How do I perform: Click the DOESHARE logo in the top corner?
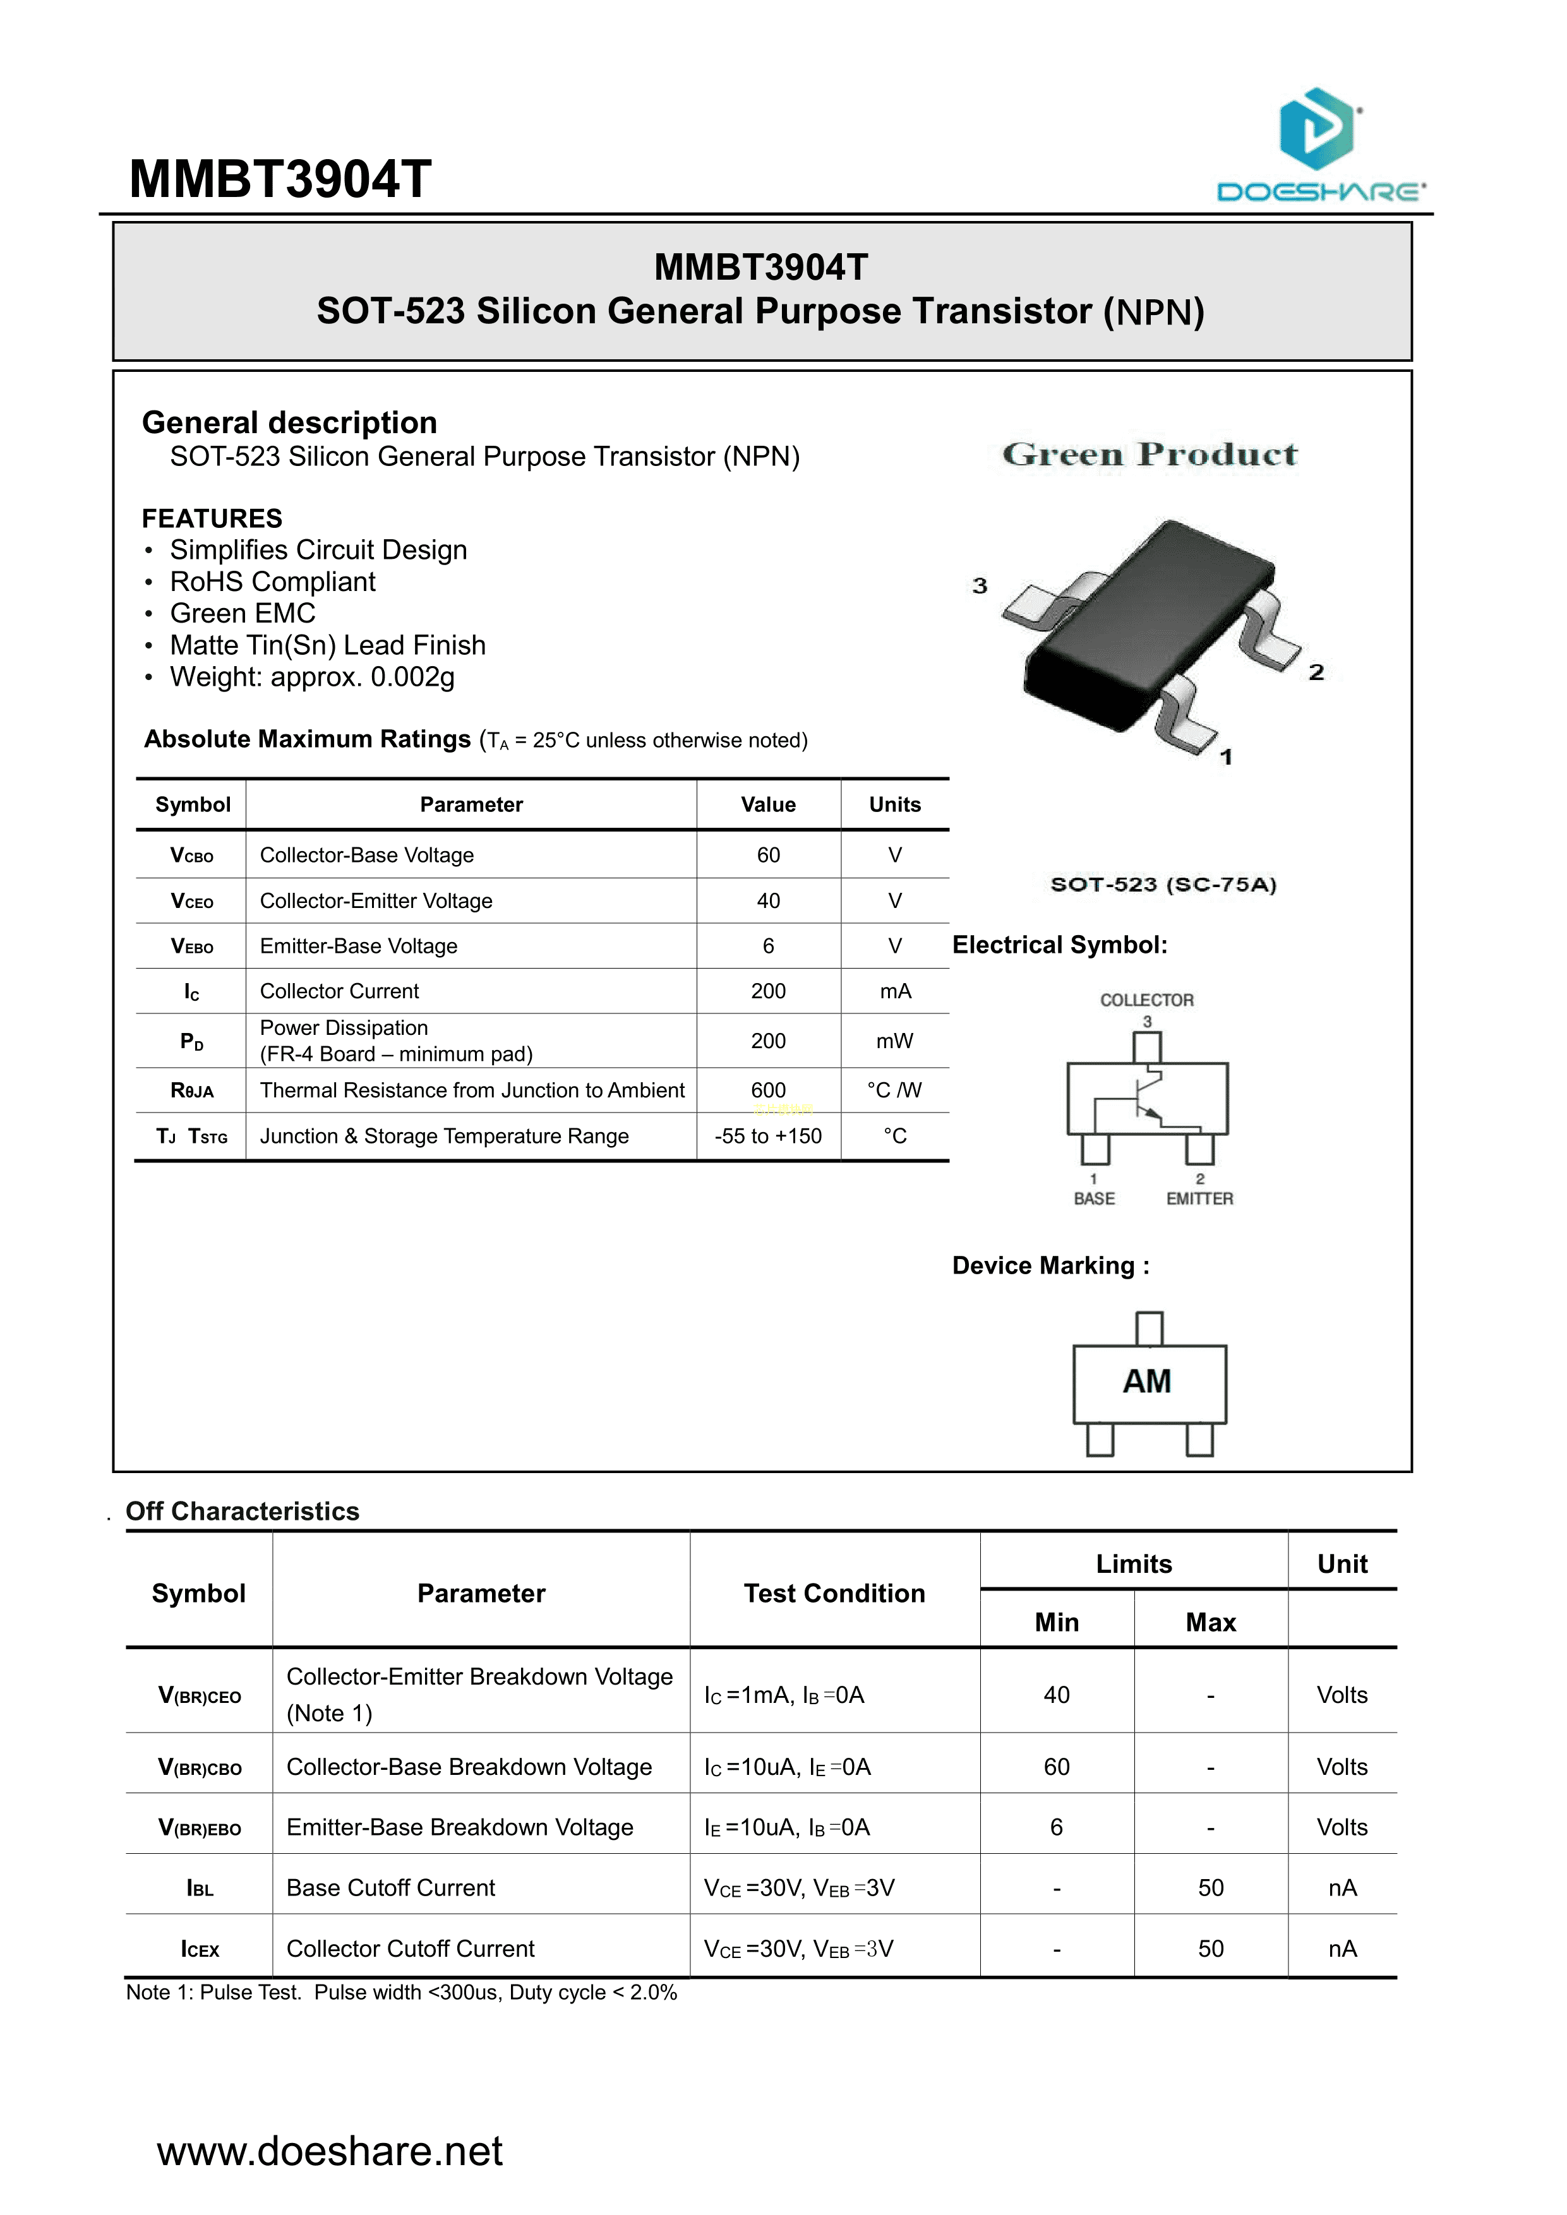[x=1320, y=144]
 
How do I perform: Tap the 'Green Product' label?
[x=1150, y=455]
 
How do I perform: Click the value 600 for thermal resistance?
[x=768, y=1090]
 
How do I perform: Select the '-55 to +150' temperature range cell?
[x=768, y=1135]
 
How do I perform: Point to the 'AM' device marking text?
[x=1147, y=1382]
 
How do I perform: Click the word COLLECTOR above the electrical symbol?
[x=1147, y=1000]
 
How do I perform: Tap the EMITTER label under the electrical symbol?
[x=1199, y=1198]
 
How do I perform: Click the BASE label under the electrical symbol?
[x=1094, y=1198]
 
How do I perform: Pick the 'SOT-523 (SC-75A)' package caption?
[x=1163, y=885]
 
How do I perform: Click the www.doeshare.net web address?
[x=330, y=2151]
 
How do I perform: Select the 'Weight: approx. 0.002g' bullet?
[x=311, y=678]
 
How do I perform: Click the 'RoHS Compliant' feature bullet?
[x=272, y=582]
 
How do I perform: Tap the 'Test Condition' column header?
[x=834, y=1593]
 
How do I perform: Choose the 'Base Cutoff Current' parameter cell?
[x=391, y=1887]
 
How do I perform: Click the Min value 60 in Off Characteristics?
[x=1057, y=1767]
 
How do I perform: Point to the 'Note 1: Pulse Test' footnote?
[x=402, y=1992]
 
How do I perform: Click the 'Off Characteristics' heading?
[x=242, y=1511]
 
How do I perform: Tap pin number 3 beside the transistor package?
[x=980, y=585]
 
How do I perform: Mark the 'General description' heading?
[x=289, y=422]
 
